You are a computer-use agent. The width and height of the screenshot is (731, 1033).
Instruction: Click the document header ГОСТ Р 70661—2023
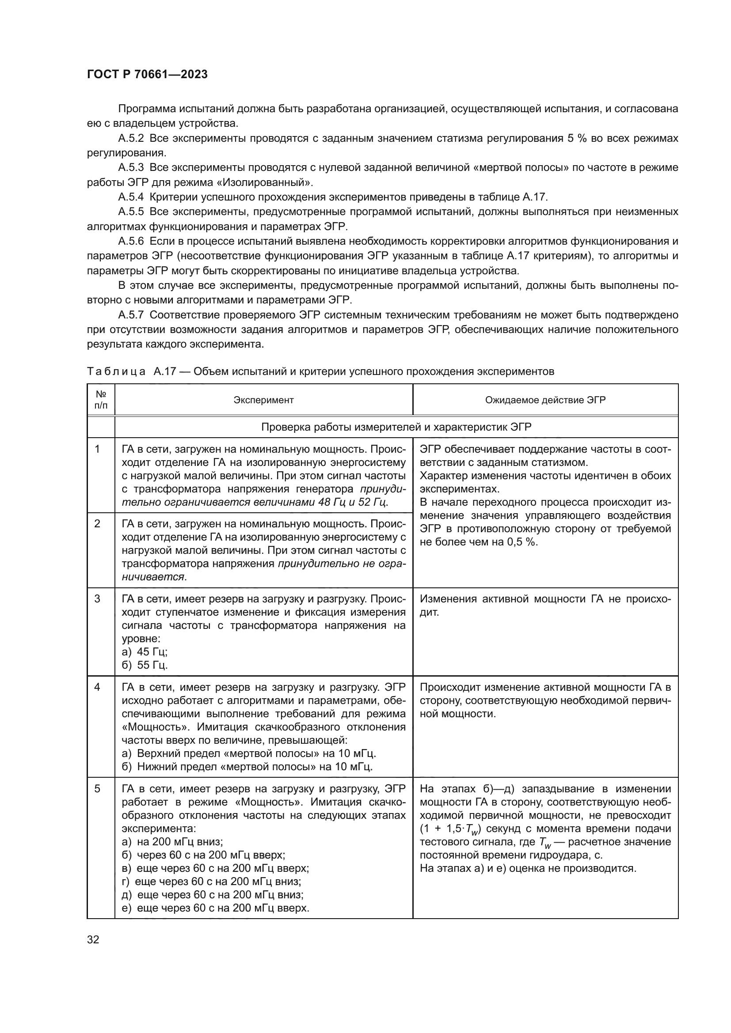point(147,75)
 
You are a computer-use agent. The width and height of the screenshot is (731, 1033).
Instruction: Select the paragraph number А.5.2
point(131,138)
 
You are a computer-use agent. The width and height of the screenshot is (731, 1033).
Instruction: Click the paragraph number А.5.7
point(131,315)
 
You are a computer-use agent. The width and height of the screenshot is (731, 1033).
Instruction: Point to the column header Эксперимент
point(263,400)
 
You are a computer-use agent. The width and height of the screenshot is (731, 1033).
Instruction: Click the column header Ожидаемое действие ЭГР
point(545,400)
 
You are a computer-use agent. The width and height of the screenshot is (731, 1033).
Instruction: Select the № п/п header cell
point(101,400)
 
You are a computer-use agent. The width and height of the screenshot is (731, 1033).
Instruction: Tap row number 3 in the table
point(97,599)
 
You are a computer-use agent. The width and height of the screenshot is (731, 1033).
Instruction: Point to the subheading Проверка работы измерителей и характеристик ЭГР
point(396,427)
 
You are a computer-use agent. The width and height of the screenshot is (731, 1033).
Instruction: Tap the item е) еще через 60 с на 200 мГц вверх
point(215,908)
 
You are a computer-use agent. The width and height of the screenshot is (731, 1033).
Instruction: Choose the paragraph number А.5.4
point(131,197)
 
